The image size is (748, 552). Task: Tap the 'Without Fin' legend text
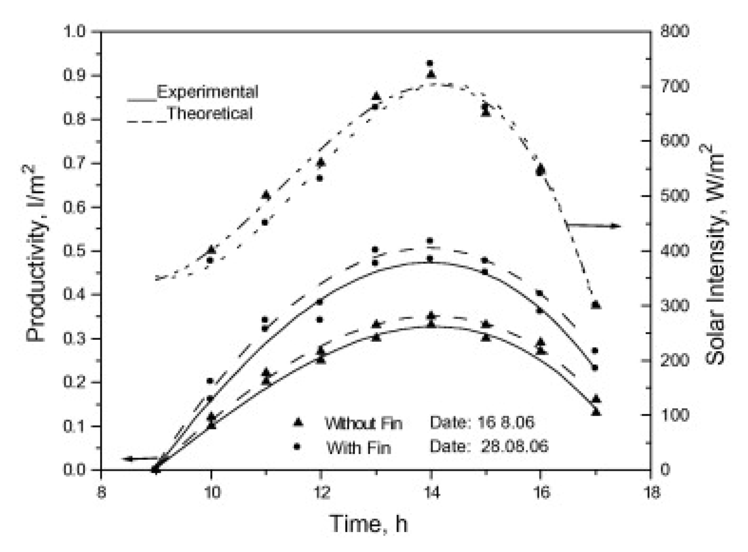(364, 423)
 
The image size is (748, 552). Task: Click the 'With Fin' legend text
(358, 447)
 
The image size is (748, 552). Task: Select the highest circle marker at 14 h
(430, 63)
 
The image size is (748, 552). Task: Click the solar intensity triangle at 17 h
(596, 304)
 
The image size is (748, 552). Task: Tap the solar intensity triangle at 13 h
(376, 96)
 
